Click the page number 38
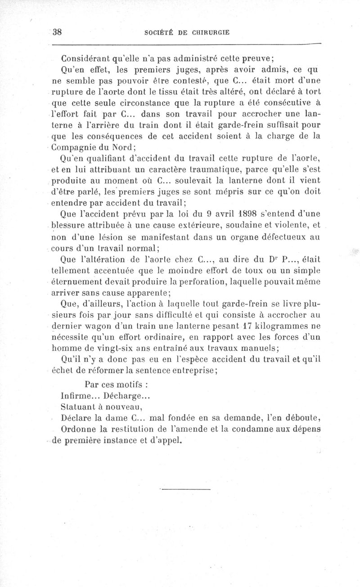57,32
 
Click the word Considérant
85,59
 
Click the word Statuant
76,407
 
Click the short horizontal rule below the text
185,488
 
